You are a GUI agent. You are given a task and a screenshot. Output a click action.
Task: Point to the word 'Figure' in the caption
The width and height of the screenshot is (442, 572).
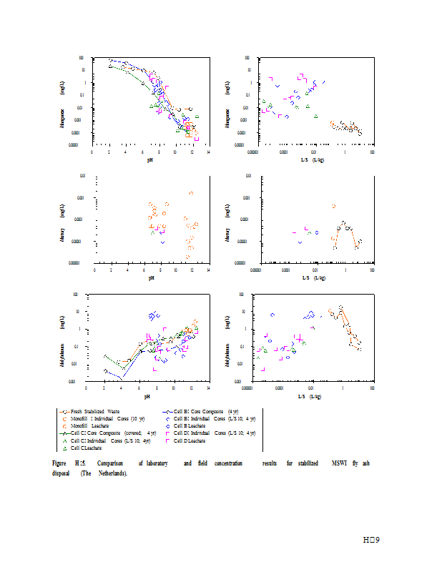(x=59, y=464)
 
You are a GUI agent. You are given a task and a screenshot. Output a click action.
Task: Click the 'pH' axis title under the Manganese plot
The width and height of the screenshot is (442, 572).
(x=151, y=158)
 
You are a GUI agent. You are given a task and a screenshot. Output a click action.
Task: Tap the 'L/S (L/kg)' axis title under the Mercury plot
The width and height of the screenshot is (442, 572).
(x=313, y=277)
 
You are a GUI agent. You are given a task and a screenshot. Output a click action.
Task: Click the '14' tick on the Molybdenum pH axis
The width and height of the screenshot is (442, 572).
(x=208, y=388)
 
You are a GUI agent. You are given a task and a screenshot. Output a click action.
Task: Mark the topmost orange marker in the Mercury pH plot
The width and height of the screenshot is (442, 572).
(x=191, y=193)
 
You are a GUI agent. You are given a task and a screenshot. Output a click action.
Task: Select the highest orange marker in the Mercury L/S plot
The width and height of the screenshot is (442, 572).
(x=334, y=206)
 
